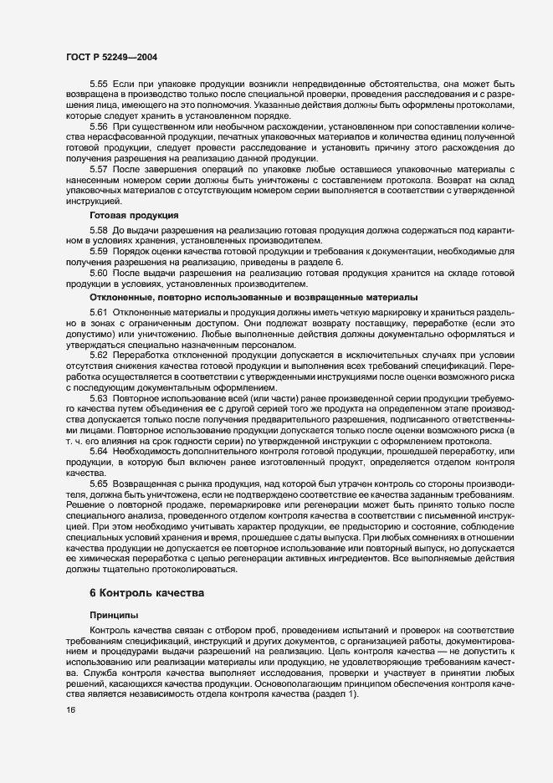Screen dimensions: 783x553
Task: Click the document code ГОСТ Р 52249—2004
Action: click(110, 58)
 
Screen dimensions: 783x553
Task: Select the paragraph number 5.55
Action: click(99, 86)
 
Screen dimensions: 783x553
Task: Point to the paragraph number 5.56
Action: click(99, 125)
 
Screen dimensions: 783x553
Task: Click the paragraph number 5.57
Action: click(99, 169)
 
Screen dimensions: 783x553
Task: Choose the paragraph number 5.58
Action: click(99, 229)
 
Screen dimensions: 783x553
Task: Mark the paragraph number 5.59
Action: click(99, 251)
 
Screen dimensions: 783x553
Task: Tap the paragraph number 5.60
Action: click(99, 274)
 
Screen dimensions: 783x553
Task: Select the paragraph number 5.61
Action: click(99, 311)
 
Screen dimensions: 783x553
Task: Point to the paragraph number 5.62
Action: click(99, 356)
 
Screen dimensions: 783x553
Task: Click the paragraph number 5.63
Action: click(99, 398)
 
